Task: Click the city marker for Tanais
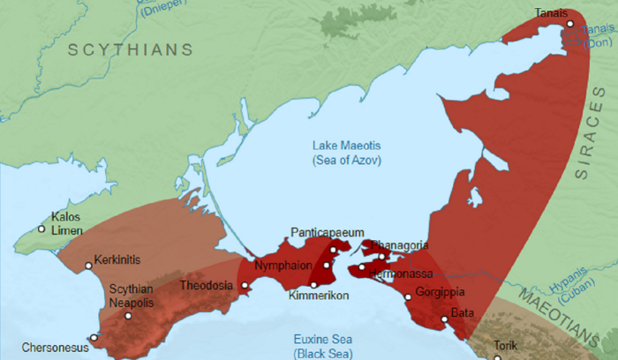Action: pos(570,24)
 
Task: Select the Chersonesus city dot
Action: pos(94,337)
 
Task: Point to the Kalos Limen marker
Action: pos(41,229)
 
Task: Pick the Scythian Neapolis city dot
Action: pos(128,316)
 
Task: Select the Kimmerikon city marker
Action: pos(313,284)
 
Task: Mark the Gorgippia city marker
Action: pos(408,297)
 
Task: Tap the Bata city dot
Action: pos(444,319)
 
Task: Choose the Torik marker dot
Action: pos(497,357)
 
